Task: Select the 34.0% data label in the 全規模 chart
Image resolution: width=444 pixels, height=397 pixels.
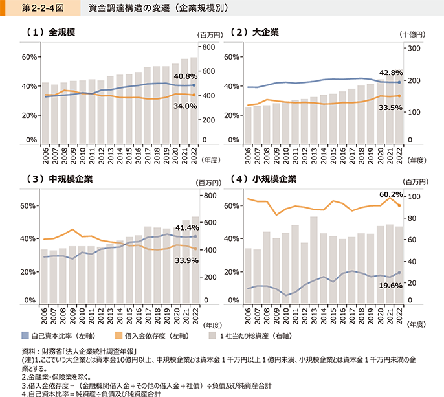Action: (x=184, y=106)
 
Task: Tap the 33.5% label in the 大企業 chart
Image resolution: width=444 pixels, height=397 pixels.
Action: (x=391, y=108)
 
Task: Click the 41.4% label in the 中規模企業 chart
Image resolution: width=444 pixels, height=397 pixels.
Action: (x=186, y=228)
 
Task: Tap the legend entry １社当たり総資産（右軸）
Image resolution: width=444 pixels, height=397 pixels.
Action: (x=254, y=335)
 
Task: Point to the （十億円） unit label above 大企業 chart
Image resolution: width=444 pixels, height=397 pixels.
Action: (x=412, y=34)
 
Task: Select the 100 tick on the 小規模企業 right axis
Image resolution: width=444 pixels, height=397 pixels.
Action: (x=412, y=196)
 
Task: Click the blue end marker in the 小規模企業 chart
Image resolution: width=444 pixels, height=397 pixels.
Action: (x=399, y=273)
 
